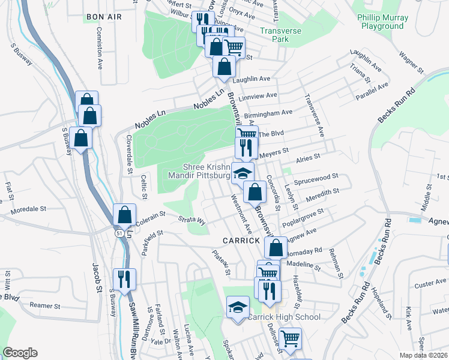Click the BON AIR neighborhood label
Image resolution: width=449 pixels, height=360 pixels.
[104, 17]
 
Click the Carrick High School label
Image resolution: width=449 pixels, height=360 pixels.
[285, 317]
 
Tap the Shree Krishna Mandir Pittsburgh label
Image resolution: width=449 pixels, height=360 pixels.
[206, 172]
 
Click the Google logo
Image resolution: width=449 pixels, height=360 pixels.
[20, 353]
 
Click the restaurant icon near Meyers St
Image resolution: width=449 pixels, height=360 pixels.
[246, 148]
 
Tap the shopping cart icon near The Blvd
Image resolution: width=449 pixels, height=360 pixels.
[246, 134]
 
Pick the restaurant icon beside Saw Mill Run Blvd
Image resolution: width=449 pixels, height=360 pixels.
[124, 278]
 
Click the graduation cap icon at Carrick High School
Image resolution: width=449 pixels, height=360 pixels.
[238, 307]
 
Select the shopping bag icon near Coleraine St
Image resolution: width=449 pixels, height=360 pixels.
[124, 214]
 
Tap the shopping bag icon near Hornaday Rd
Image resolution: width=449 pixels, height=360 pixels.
[276, 247]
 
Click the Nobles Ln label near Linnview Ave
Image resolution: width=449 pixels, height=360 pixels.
[212, 100]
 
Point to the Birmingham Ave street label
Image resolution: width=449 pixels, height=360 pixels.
[268, 112]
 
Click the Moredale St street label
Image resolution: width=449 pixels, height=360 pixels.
[29, 210]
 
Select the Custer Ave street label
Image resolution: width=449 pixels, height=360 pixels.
[433, 281]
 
